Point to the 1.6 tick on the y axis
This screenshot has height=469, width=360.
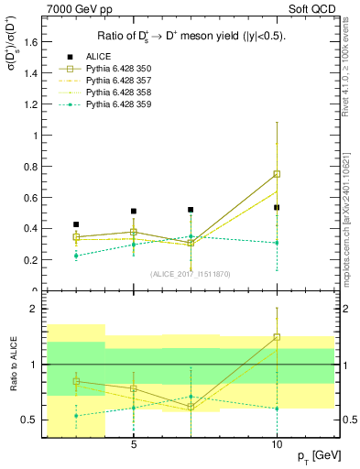point(28,42)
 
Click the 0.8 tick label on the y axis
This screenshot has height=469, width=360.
point(28,167)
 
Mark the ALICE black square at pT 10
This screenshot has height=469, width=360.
point(277,208)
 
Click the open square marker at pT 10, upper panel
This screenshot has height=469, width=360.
point(277,174)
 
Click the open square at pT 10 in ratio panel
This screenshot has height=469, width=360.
point(277,337)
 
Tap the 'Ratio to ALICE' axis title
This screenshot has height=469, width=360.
point(11,365)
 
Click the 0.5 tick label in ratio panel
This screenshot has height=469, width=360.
point(27,420)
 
